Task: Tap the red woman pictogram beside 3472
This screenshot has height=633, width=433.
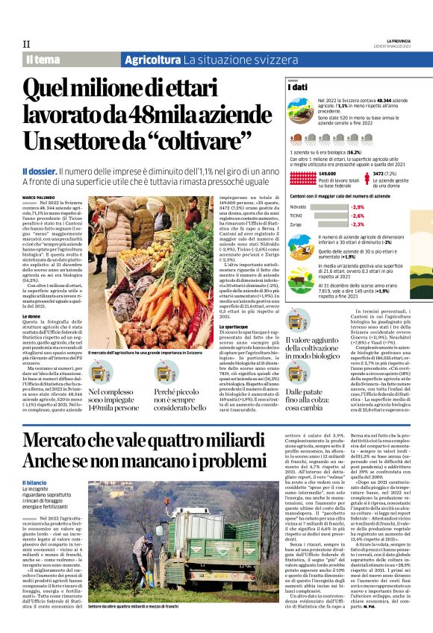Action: click(367, 178)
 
